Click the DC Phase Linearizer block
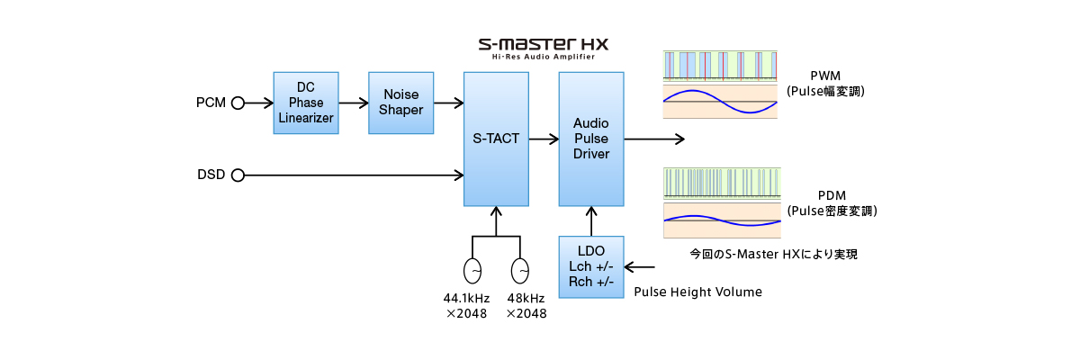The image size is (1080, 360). [306, 103]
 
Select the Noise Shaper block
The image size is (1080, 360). [401, 103]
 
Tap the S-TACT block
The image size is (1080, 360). [496, 139]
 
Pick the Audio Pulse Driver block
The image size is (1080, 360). [591, 139]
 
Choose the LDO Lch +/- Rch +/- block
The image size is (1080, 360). [591, 266]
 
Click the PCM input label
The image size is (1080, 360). [211, 103]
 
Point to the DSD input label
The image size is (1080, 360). [211, 175]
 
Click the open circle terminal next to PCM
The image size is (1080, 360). [238, 103]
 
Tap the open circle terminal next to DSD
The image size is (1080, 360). [238, 175]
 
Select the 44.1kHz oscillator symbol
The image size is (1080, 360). [472, 271]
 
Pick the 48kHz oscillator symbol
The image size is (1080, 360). [520, 271]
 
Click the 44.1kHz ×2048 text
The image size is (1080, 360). [466, 306]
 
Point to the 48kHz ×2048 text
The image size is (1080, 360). [526, 306]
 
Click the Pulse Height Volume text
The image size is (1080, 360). [698, 292]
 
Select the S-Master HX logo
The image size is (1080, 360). [544, 42]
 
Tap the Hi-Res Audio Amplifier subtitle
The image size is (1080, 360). [544, 57]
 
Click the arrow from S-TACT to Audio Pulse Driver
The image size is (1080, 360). [544, 139]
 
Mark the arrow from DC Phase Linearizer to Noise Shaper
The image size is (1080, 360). [354, 103]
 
